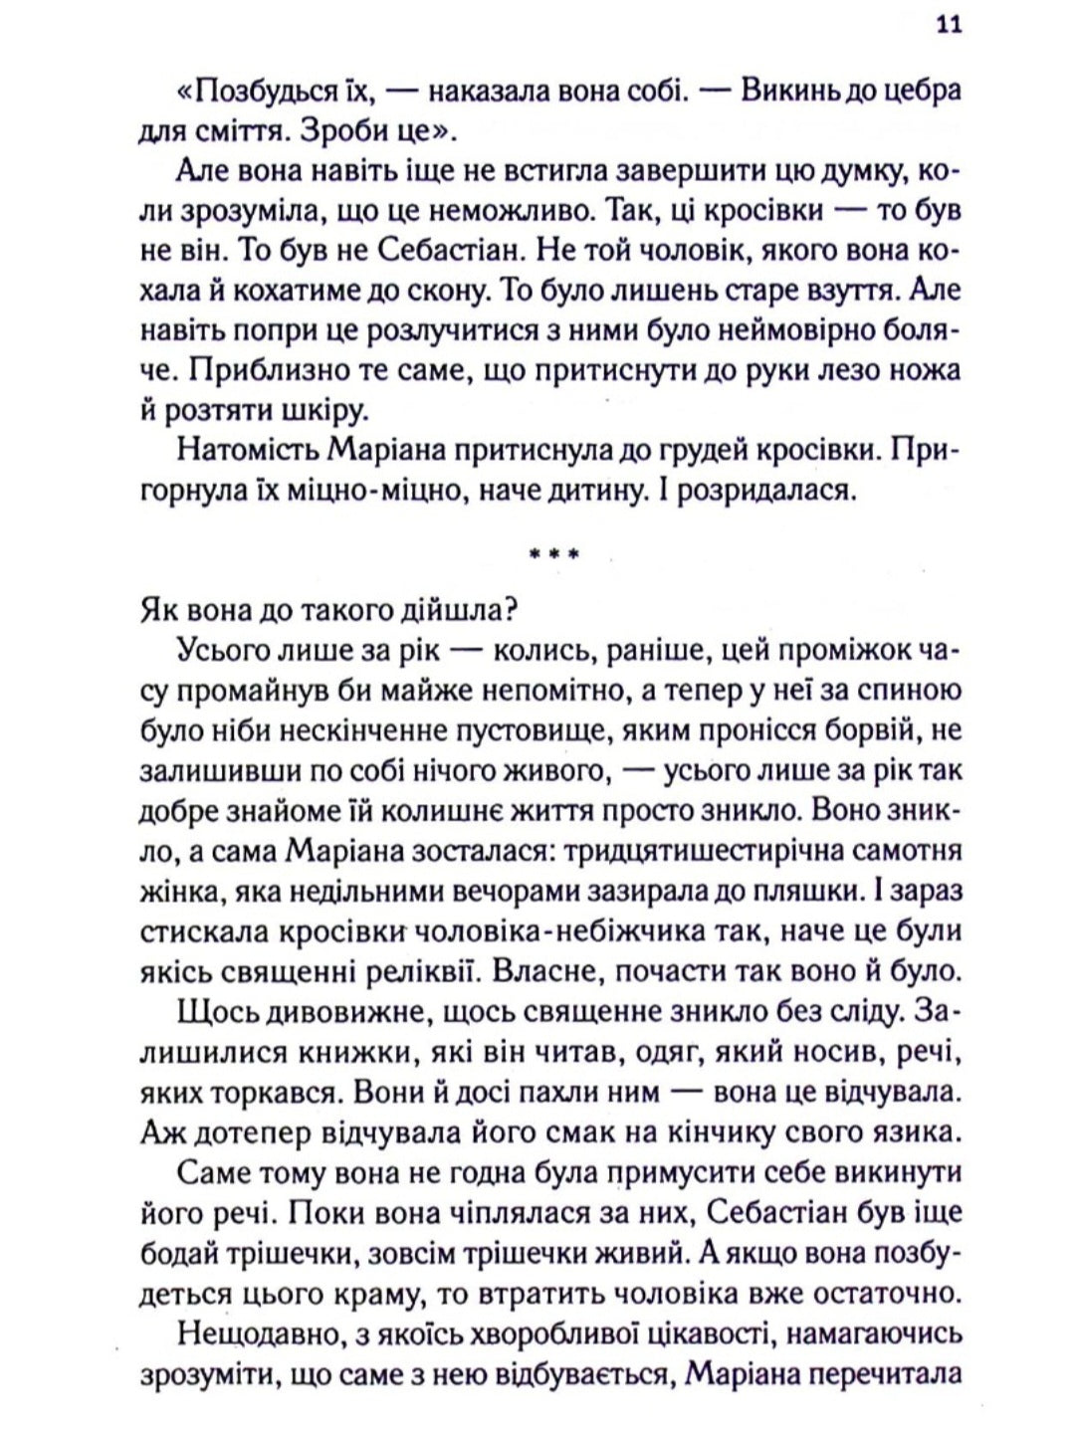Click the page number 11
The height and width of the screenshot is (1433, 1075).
coord(947,27)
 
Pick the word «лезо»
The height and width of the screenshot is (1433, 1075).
coord(826,370)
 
